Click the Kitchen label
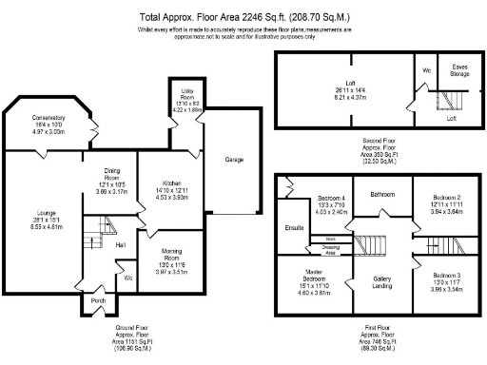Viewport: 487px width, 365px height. (x=171, y=182)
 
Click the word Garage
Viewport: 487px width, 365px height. (x=235, y=159)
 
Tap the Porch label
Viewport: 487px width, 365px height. (x=97, y=302)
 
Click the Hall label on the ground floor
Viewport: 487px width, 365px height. (x=121, y=245)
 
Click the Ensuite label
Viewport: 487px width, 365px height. (x=294, y=228)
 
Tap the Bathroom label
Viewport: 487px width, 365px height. (x=383, y=194)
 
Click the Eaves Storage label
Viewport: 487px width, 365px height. (x=459, y=70)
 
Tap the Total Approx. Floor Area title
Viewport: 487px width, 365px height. (x=243, y=17)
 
